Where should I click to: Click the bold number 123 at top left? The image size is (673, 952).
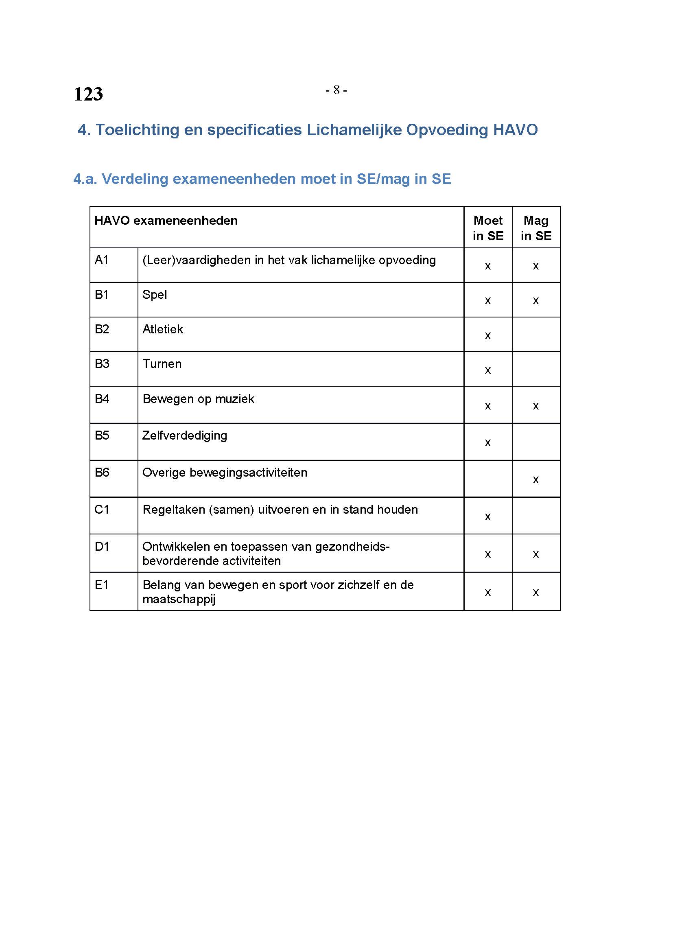[88, 94]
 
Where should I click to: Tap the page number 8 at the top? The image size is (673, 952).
[336, 90]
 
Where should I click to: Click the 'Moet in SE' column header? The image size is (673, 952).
[488, 228]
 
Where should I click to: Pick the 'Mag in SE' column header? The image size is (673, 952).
[536, 228]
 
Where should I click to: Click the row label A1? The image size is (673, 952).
[102, 260]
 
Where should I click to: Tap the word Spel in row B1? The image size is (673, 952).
[155, 295]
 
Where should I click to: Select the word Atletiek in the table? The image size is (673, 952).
[162, 329]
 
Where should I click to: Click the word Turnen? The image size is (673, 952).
[162, 363]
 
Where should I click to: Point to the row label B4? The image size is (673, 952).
[102, 398]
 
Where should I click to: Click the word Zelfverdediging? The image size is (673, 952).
[184, 436]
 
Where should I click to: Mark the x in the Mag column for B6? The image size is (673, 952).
[536, 480]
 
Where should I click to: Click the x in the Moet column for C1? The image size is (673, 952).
[488, 516]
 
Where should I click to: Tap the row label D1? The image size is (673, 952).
[102, 547]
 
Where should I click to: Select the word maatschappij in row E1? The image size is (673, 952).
[179, 599]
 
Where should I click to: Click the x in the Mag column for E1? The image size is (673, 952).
[536, 593]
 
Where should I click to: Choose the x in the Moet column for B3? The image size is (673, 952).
[488, 370]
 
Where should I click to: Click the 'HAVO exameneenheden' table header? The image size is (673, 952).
[166, 221]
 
